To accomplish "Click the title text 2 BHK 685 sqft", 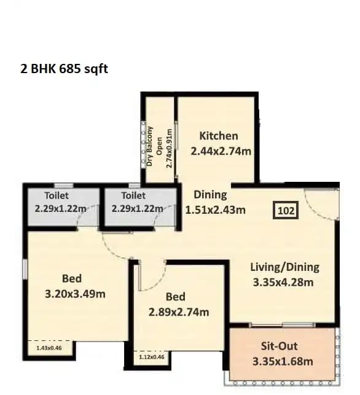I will click(65, 69).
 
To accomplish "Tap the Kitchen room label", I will click(219, 136).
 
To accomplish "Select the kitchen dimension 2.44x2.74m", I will click(219, 151).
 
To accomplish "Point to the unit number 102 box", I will click(286, 210).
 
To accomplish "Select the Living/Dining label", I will click(284, 267).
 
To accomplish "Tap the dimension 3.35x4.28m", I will click(283, 282).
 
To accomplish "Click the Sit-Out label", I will click(283, 346).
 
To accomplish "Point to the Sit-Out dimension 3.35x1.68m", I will click(283, 361).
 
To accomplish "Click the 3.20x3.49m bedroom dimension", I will click(75, 294).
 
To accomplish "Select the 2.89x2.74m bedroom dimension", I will click(179, 311).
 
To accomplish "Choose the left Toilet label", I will click(57, 195).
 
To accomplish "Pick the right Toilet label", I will click(133, 195).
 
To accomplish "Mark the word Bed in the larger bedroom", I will click(72, 279).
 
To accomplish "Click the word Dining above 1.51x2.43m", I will click(210, 195).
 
